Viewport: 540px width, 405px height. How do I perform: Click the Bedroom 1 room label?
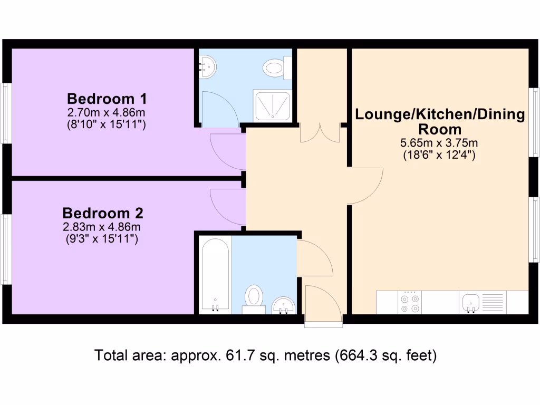[x=107, y=99]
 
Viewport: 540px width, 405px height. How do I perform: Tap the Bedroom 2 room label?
[x=103, y=213]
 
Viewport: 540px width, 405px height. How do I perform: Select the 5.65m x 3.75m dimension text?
[x=439, y=143]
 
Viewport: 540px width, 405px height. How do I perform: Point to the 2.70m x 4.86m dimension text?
[x=107, y=112]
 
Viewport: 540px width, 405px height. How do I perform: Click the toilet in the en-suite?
[x=277, y=67]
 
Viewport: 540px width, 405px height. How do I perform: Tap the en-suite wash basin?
[x=207, y=67]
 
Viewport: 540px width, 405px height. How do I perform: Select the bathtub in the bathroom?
[x=215, y=274]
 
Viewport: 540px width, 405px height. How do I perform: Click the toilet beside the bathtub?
[x=255, y=298]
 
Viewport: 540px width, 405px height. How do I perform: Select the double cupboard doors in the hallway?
[x=320, y=133]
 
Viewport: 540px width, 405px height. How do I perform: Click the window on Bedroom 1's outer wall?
[x=6, y=113]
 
